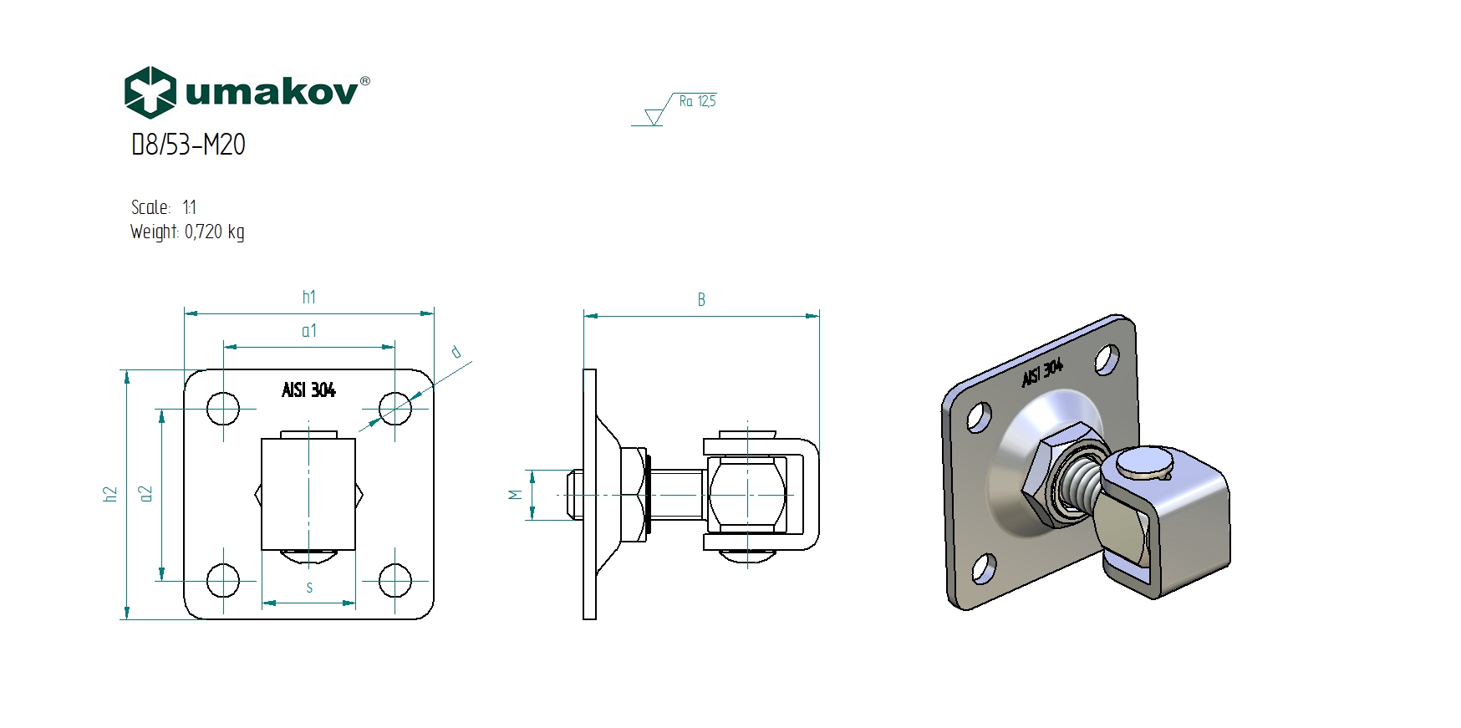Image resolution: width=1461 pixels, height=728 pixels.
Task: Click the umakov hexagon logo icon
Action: point(150,92)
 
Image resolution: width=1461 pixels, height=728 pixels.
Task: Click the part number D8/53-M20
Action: point(188,145)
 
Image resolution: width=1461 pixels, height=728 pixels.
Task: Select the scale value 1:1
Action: point(189,207)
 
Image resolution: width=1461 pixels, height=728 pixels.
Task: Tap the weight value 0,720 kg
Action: point(215,232)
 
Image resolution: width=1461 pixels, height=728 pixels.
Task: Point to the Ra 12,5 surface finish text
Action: point(697,101)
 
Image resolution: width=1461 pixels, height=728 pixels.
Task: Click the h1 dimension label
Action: point(309,297)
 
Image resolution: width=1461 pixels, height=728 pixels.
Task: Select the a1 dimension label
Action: point(309,331)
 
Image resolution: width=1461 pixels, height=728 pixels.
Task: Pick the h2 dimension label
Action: point(110,494)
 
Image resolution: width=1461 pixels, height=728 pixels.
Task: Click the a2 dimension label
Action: point(146,494)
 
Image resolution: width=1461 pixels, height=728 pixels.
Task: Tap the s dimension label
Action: point(309,588)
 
